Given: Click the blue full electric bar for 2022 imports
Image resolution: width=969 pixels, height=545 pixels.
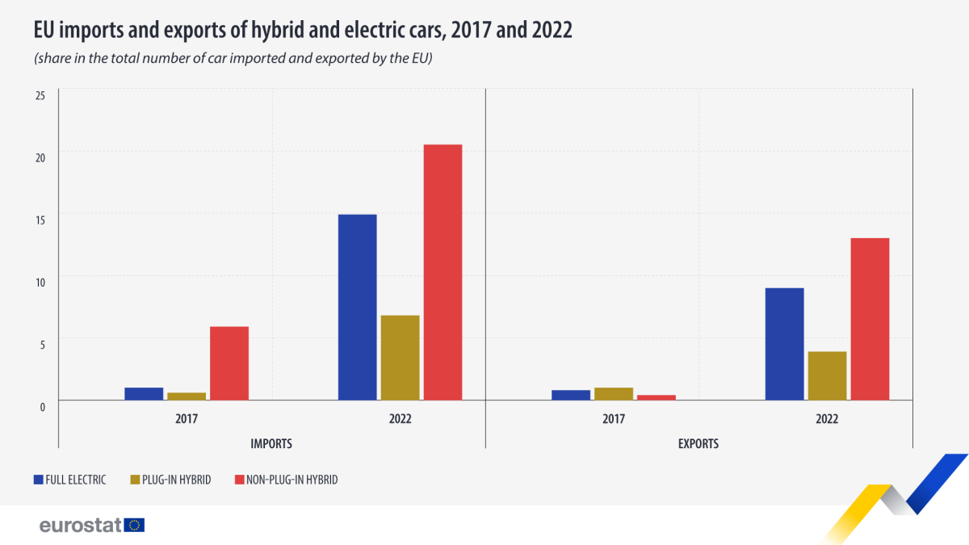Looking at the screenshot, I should click(x=357, y=307).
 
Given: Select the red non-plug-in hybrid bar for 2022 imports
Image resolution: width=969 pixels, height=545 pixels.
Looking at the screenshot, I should click(x=443, y=272).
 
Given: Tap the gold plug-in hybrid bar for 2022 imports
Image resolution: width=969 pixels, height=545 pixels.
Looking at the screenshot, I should click(x=400, y=358).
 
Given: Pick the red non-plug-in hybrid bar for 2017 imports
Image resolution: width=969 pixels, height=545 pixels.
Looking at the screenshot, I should click(x=229, y=363).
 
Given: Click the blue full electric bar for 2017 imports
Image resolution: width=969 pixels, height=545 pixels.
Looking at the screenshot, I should click(x=144, y=394).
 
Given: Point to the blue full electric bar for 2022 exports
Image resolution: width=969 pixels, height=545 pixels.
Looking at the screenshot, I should click(x=784, y=344).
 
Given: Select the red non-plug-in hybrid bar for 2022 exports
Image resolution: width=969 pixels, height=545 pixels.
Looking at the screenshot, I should click(x=870, y=319).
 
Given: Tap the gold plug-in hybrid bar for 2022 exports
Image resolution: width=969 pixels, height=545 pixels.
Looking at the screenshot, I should click(x=827, y=375).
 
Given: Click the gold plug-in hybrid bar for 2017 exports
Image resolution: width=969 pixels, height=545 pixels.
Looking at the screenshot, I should click(x=614, y=394).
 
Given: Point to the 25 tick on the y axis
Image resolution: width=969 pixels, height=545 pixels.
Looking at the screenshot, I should click(x=40, y=95).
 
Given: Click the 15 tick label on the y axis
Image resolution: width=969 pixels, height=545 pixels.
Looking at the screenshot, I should click(x=40, y=219).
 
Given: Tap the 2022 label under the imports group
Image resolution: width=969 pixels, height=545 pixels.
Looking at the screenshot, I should click(x=400, y=420).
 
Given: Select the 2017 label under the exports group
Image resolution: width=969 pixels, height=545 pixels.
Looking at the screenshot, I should click(x=614, y=420).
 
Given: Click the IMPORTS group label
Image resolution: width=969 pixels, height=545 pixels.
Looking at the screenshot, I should click(x=271, y=444).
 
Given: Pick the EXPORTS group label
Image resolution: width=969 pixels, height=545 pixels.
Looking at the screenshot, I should click(x=698, y=444).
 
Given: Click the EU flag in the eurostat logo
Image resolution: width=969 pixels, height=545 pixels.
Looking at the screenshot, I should click(x=134, y=525).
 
